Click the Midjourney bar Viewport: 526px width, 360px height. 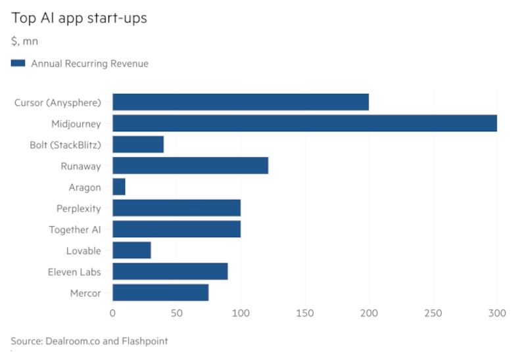click(304, 123)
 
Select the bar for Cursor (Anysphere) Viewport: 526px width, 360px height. click(241, 102)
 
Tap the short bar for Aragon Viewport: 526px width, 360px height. click(119, 187)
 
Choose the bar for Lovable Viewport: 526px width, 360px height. click(131, 250)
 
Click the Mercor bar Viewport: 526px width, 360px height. click(160, 293)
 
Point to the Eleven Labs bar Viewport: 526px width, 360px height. click(170, 271)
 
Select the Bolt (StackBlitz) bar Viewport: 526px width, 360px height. click(138, 145)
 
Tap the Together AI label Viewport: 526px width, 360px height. click(75, 230)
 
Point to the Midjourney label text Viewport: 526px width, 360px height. click(76, 124)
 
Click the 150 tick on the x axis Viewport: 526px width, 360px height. click(304, 314)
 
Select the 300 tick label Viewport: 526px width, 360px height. click(497, 314)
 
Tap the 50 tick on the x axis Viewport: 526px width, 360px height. click(176, 314)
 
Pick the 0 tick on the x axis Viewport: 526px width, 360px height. click(112, 314)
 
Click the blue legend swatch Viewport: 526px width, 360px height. click(18, 64)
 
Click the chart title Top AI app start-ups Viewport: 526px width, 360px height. click(78, 18)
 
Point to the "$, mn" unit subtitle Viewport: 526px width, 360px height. click(24, 42)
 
